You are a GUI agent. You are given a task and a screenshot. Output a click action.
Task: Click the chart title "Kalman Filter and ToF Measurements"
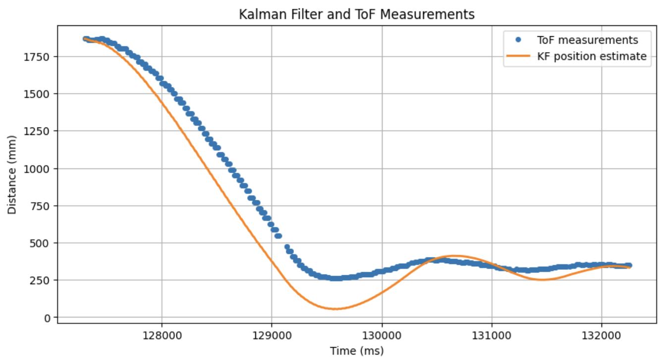356,14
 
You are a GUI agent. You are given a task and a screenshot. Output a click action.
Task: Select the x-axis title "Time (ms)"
356,351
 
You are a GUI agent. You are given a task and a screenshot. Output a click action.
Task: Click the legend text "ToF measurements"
588,40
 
